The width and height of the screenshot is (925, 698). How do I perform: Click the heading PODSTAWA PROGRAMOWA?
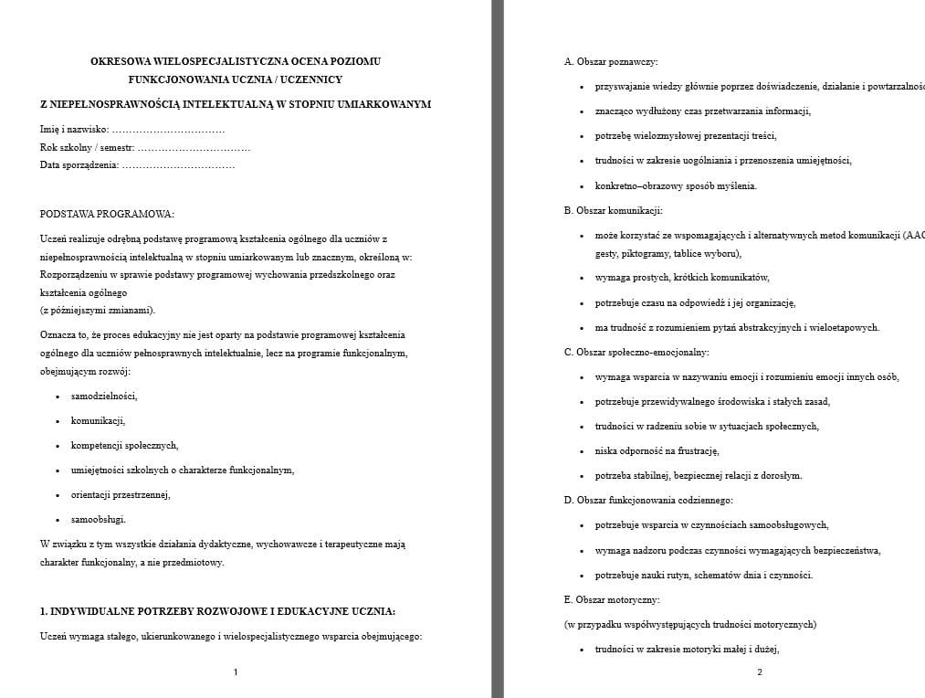[x=107, y=214]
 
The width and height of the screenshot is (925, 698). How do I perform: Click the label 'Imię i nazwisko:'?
[x=75, y=130]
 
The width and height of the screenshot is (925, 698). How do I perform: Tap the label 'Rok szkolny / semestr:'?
[x=88, y=147]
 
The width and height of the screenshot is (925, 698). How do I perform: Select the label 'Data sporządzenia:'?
[x=79, y=164]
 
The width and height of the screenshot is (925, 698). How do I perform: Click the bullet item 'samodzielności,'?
[x=104, y=396]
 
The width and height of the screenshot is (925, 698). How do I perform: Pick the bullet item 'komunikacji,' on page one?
[x=98, y=420]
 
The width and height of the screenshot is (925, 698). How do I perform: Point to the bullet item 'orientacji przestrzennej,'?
[x=121, y=494]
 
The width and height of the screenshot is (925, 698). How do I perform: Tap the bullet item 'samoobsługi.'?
[x=99, y=519]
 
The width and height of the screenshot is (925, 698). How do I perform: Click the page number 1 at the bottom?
[x=236, y=672]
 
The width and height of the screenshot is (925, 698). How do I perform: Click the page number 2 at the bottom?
[x=759, y=672]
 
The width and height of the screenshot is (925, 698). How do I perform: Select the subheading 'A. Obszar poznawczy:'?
[x=611, y=62]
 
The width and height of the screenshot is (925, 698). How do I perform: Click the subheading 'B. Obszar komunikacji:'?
[x=613, y=210]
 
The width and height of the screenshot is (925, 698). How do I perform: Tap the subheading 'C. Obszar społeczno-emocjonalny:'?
[x=636, y=352]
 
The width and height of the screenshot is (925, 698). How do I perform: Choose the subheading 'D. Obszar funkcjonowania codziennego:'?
[x=648, y=500]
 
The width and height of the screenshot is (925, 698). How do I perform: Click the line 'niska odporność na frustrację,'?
[x=657, y=450]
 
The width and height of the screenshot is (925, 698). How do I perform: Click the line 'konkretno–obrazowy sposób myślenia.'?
[x=676, y=185]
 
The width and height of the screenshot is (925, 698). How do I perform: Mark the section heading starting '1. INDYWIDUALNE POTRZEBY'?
[x=217, y=611]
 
